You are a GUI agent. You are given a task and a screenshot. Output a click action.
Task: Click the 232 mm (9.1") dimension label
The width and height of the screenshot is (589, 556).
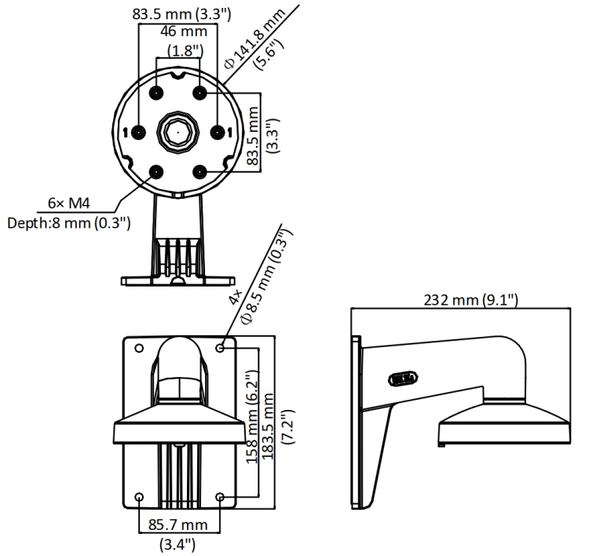(x=470, y=300)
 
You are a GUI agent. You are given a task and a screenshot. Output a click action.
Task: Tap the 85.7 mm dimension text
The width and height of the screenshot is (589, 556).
(x=177, y=525)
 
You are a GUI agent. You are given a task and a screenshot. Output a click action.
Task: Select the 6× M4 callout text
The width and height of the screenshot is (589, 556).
(x=69, y=203)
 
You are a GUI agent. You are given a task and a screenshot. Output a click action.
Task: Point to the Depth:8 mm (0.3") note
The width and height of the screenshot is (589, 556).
(x=69, y=223)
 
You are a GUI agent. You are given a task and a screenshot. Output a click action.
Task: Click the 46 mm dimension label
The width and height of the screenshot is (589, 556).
(x=184, y=31)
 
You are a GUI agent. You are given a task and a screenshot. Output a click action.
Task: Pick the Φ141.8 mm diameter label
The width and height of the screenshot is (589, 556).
(x=254, y=38)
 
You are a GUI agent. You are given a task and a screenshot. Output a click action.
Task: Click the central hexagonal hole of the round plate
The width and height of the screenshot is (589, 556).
(x=177, y=132)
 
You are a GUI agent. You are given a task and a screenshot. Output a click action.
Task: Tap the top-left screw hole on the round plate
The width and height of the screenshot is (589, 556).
(x=156, y=93)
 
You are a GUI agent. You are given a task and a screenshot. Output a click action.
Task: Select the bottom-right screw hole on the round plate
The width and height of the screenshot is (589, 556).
(x=199, y=173)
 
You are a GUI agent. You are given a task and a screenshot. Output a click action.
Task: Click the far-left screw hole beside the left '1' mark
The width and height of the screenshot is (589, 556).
(x=139, y=132)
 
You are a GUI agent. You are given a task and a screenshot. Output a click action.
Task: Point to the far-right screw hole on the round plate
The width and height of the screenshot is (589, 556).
(x=218, y=132)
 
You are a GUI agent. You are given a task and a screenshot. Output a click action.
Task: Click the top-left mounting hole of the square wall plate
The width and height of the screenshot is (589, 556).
(x=139, y=348)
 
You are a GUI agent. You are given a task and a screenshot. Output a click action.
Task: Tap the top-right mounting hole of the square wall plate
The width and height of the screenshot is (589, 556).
(x=221, y=348)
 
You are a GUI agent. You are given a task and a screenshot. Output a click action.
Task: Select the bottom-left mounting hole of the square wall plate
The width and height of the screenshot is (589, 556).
(x=139, y=497)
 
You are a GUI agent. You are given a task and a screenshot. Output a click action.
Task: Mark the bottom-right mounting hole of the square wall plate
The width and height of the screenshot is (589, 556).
(x=221, y=497)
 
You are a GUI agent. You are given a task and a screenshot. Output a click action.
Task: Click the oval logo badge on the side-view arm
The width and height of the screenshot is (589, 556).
(x=403, y=379)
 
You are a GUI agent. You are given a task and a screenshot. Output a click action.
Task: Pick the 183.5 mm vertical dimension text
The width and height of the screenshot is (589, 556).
(x=267, y=426)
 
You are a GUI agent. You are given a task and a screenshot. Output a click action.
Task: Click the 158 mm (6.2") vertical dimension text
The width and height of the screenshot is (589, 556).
(x=252, y=417)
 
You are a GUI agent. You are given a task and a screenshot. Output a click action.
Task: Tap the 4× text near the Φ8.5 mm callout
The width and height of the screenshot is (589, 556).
(x=236, y=297)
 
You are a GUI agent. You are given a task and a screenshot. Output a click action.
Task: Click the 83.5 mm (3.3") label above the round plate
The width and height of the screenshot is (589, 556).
(x=181, y=14)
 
